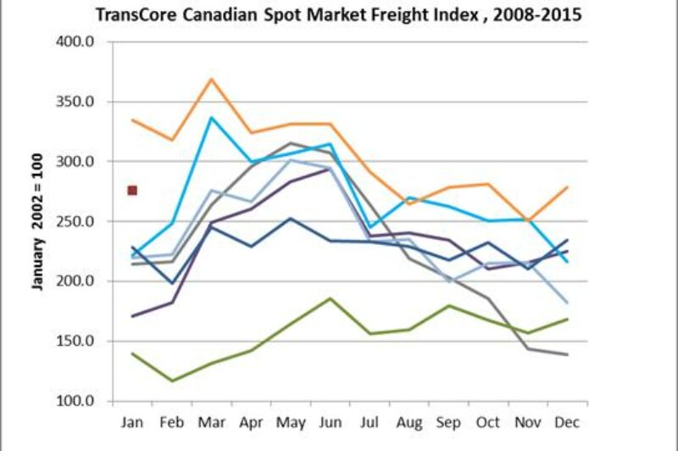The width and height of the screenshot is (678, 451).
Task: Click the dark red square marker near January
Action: click(x=132, y=191)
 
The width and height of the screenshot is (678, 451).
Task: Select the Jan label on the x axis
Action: click(x=132, y=421)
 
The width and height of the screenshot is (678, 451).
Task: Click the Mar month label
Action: click(x=210, y=421)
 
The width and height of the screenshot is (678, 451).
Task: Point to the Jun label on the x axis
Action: click(x=328, y=421)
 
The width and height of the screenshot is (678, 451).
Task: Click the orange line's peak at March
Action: click(x=211, y=79)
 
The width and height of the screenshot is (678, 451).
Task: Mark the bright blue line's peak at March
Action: click(x=211, y=117)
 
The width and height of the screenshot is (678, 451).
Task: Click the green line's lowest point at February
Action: click(x=172, y=381)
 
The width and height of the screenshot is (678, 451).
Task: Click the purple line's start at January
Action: click(x=132, y=316)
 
